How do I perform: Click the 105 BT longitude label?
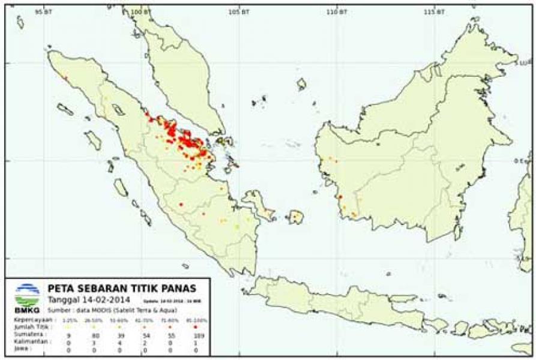point(239,13)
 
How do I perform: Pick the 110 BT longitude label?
point(337,13)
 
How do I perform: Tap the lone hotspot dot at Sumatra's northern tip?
point(65,77)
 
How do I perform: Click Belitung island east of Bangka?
point(295,217)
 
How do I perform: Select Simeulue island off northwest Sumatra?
point(65,109)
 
